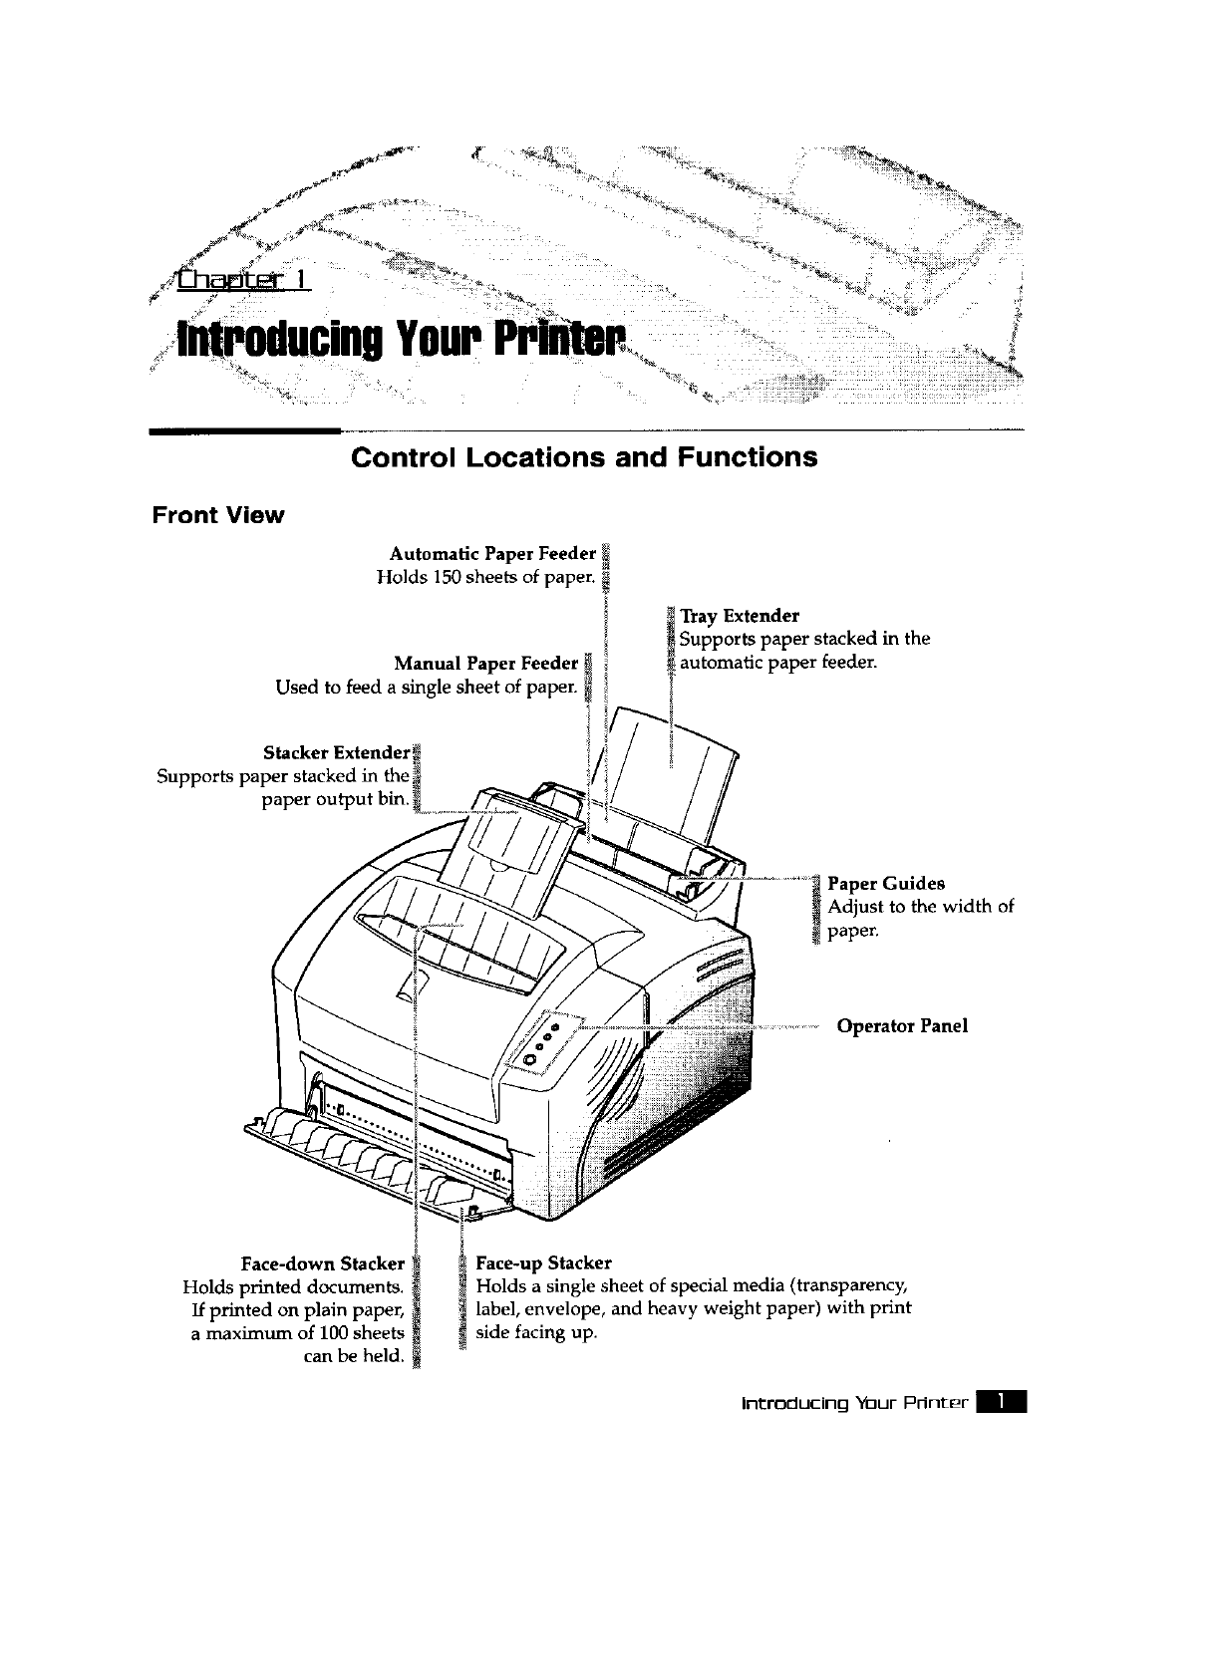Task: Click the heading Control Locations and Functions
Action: tap(584, 457)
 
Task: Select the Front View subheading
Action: tap(217, 515)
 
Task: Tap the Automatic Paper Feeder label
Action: tap(492, 553)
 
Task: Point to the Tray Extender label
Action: tap(739, 616)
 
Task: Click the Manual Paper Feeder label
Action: tap(485, 664)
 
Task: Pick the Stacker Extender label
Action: tap(336, 751)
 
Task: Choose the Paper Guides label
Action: tap(886, 883)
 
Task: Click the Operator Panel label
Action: tap(902, 1025)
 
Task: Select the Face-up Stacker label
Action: tap(544, 1263)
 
